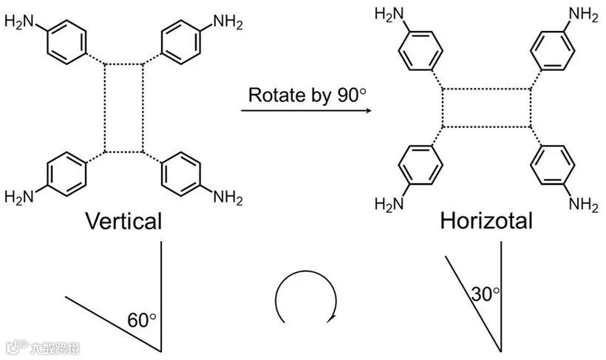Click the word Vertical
click(123, 221)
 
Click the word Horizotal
click(486, 221)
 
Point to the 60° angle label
click(143, 320)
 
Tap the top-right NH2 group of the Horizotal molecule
click(583, 13)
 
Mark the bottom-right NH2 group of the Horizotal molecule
click(583, 204)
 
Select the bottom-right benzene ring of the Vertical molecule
click(180, 174)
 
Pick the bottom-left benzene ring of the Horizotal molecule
click(420, 165)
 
